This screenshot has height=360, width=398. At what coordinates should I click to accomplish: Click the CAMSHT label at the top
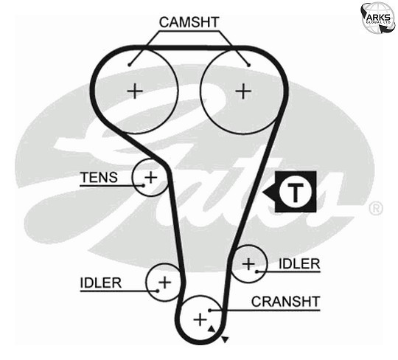click(189, 22)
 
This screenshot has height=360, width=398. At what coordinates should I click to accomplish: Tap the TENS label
click(99, 177)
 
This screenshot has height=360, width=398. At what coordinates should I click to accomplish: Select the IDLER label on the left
click(101, 283)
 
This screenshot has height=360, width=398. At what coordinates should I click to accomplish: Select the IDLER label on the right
click(299, 263)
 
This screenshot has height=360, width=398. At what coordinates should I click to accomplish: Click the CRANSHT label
click(285, 302)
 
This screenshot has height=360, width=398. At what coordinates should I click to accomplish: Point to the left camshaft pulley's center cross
click(135, 91)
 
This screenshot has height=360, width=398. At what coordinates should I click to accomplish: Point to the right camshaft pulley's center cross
click(243, 91)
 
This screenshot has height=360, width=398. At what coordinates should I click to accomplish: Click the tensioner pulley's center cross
click(151, 177)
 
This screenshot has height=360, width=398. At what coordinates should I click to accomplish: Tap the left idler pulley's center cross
click(165, 283)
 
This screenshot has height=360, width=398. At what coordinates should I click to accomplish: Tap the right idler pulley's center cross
click(248, 264)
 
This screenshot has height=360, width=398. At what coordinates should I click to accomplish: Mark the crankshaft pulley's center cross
click(200, 319)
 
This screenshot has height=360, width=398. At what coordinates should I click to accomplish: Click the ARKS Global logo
click(378, 18)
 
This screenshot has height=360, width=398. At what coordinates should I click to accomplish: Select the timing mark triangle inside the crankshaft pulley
click(212, 329)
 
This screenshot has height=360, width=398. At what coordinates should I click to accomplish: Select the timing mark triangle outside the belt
click(225, 339)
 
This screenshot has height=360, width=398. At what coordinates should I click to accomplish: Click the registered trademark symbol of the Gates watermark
click(375, 208)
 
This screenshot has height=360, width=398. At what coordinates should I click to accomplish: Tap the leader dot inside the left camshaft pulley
click(130, 65)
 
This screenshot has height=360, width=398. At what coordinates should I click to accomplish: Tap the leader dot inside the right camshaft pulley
click(249, 65)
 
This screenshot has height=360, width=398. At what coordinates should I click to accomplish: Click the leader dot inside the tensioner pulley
click(144, 185)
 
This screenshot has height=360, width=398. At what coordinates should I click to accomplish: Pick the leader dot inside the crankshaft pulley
click(210, 310)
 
